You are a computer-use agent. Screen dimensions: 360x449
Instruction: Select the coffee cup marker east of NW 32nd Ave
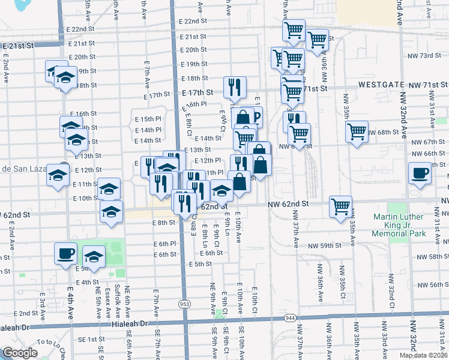pos(420,174)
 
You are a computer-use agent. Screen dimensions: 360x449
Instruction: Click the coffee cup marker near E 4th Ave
pos(65,253)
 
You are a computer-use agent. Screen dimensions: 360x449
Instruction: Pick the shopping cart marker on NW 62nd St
pos(340,206)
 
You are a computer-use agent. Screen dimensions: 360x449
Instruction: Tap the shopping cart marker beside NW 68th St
pos(357,131)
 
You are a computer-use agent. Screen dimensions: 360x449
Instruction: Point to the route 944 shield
pos(291,317)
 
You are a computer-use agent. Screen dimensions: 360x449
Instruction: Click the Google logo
pos(20,352)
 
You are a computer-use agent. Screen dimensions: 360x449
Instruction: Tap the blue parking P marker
pos(256,117)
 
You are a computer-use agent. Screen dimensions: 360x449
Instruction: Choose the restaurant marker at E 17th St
pos(235,86)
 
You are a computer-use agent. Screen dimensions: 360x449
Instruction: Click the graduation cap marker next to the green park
pos(93,257)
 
